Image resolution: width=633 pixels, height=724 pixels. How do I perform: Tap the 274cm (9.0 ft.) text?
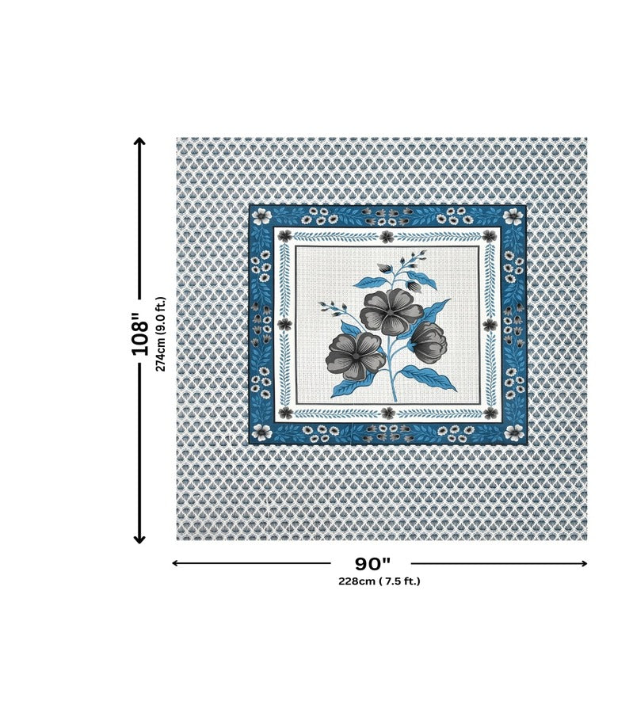click(x=160, y=333)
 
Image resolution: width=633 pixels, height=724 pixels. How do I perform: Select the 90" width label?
click(x=372, y=563)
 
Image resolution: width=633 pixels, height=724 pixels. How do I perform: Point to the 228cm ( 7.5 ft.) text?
click(x=379, y=581)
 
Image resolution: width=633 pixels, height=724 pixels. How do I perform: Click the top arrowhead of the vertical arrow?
click(x=139, y=141)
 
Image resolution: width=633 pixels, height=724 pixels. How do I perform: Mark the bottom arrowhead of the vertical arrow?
click(x=139, y=539)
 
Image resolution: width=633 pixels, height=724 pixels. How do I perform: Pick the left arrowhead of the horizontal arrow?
click(x=175, y=563)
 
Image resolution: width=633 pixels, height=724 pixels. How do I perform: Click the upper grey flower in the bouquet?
click(x=391, y=311)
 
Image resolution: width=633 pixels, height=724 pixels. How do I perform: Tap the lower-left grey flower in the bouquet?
click(x=355, y=356)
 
